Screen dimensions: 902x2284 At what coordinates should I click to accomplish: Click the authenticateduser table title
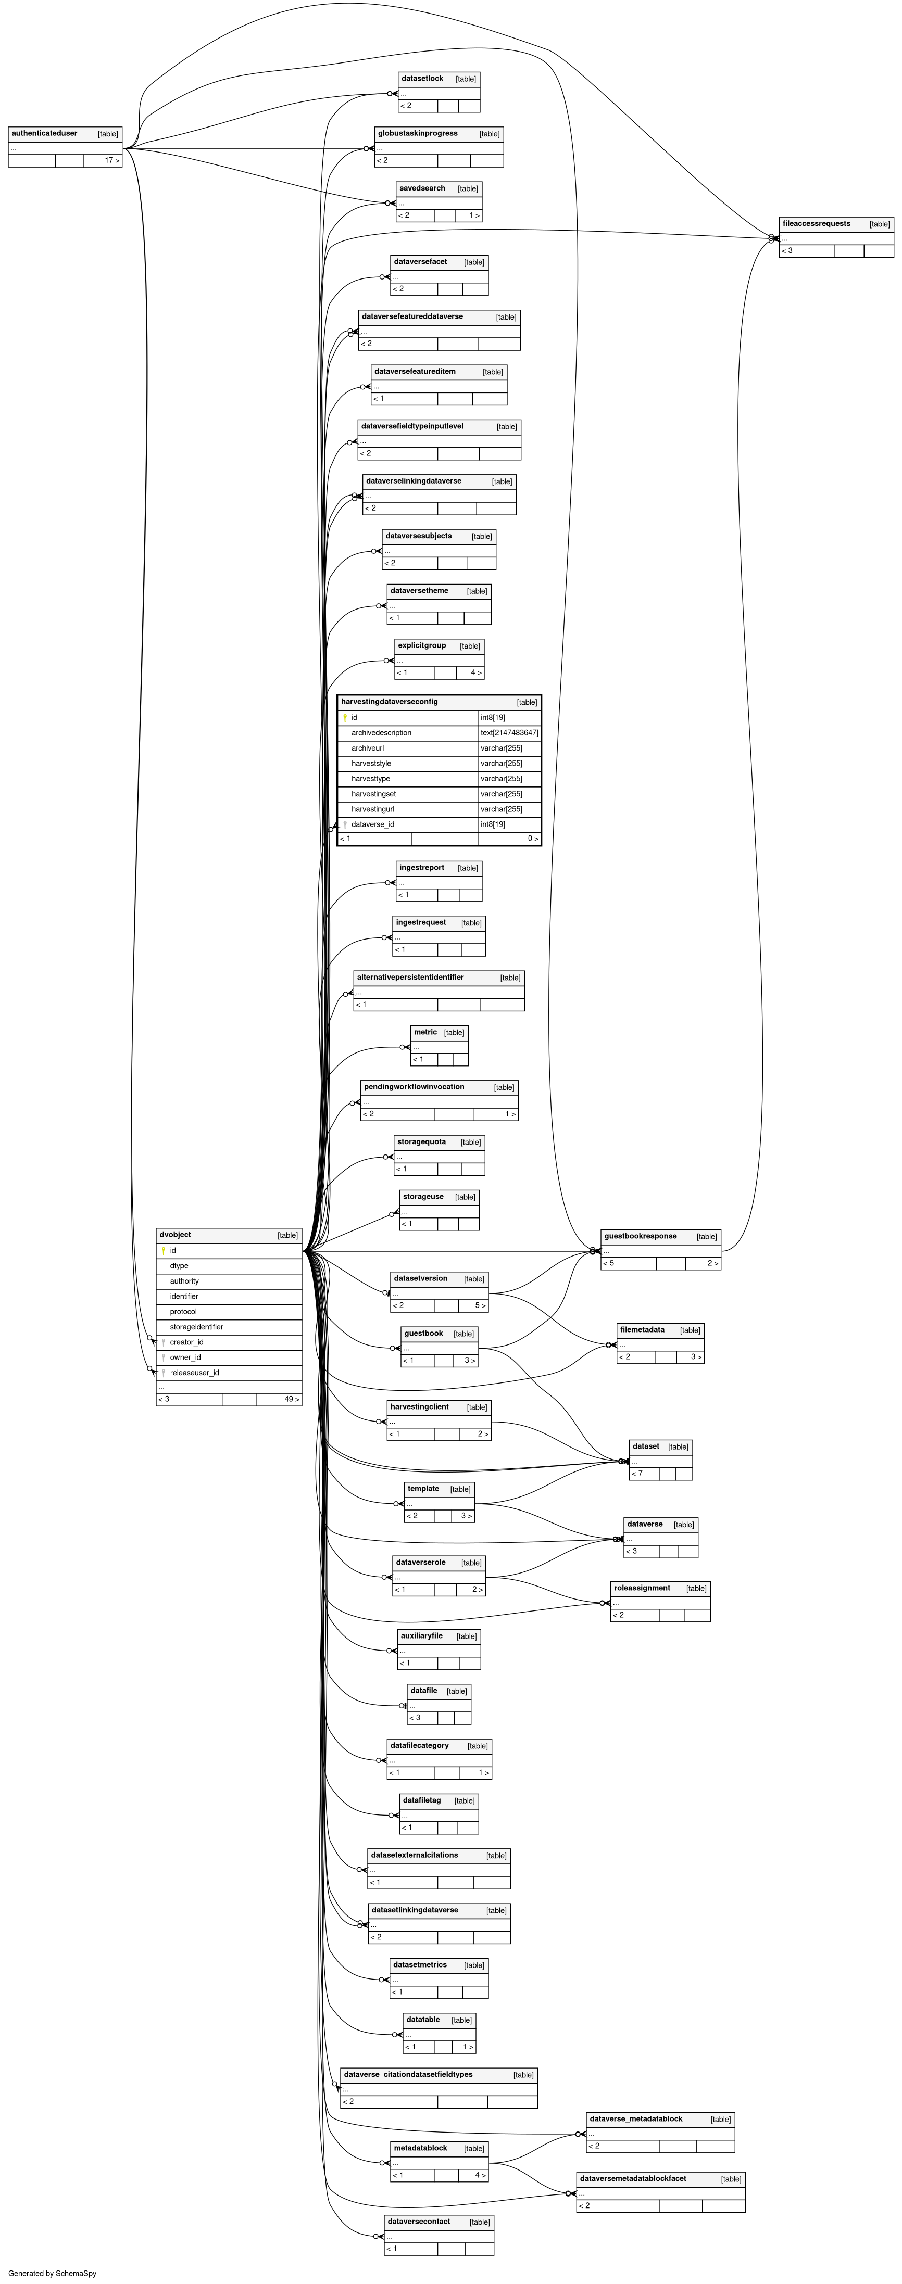click(44, 134)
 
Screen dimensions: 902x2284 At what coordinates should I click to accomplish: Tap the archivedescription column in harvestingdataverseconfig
click(381, 733)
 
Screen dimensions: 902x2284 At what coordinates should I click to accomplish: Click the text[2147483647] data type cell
click(509, 733)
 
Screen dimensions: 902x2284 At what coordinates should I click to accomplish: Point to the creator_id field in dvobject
click(186, 1342)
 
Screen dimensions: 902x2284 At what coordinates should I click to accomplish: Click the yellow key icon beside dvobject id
click(163, 1251)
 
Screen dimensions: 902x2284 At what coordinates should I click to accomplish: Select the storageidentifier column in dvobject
click(197, 1327)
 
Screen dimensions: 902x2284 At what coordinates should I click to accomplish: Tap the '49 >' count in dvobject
click(292, 1400)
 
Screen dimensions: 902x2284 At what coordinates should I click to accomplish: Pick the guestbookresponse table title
click(641, 1236)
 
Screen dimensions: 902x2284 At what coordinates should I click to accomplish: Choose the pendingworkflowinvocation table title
click(414, 1087)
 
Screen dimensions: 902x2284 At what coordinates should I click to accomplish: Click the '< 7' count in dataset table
click(637, 1474)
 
